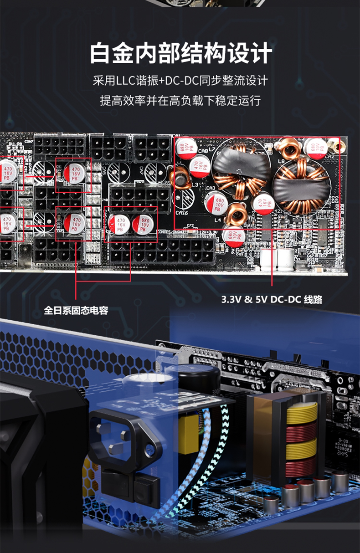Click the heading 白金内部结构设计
coord(180,54)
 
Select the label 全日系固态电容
coord(76,311)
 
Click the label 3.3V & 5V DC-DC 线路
coord(272,299)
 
